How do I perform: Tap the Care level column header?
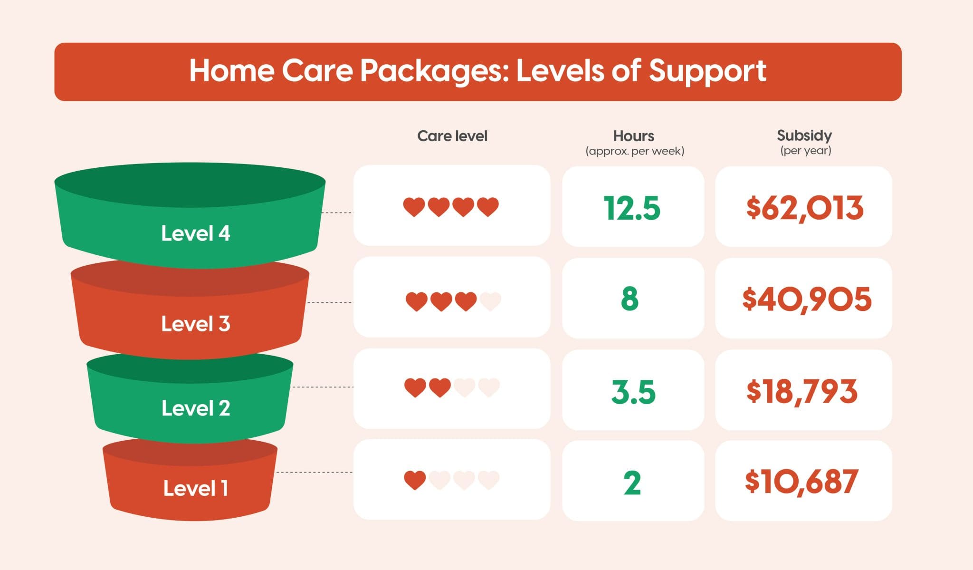point(452,136)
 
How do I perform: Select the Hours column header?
point(633,136)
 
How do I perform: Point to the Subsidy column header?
point(804,135)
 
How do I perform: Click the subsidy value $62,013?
point(804,208)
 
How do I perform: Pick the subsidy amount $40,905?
point(806,299)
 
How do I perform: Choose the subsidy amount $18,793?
point(801,392)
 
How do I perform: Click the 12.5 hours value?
point(632,208)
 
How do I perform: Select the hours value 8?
point(630,299)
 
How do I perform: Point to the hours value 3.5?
point(633,392)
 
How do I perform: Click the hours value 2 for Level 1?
point(632,483)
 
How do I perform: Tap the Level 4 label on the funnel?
point(195,233)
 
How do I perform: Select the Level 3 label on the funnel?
point(195,324)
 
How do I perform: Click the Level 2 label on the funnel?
point(195,408)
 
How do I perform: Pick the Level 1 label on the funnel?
point(195,488)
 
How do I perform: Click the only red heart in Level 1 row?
point(415,480)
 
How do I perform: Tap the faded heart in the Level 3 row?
point(490,301)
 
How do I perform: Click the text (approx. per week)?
point(635,151)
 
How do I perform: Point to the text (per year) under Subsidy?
point(805,151)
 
